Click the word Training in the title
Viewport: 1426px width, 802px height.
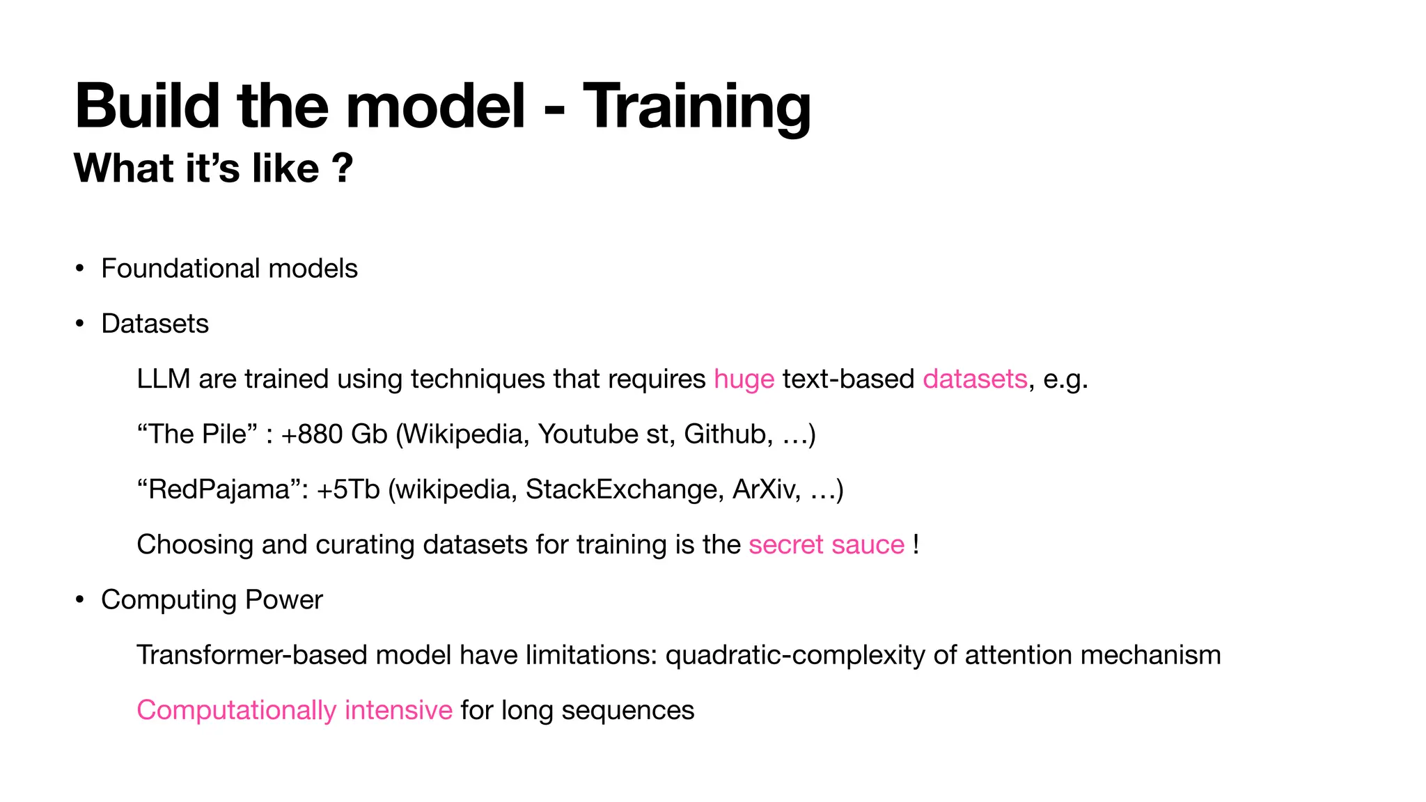696,107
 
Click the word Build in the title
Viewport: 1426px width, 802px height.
148,107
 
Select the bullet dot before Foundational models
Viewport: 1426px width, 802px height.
80,269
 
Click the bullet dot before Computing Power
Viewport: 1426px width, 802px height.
80,600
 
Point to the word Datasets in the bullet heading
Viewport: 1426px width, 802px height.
155,324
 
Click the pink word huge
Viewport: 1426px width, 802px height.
744,379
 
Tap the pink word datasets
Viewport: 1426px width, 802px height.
975,379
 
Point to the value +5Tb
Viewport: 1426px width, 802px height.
347,489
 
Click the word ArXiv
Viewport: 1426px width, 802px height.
763,489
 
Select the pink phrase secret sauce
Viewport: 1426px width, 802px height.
826,544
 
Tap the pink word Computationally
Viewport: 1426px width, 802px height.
236,711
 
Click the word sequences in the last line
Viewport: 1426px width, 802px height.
627,711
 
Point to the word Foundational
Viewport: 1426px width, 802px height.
180,269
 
